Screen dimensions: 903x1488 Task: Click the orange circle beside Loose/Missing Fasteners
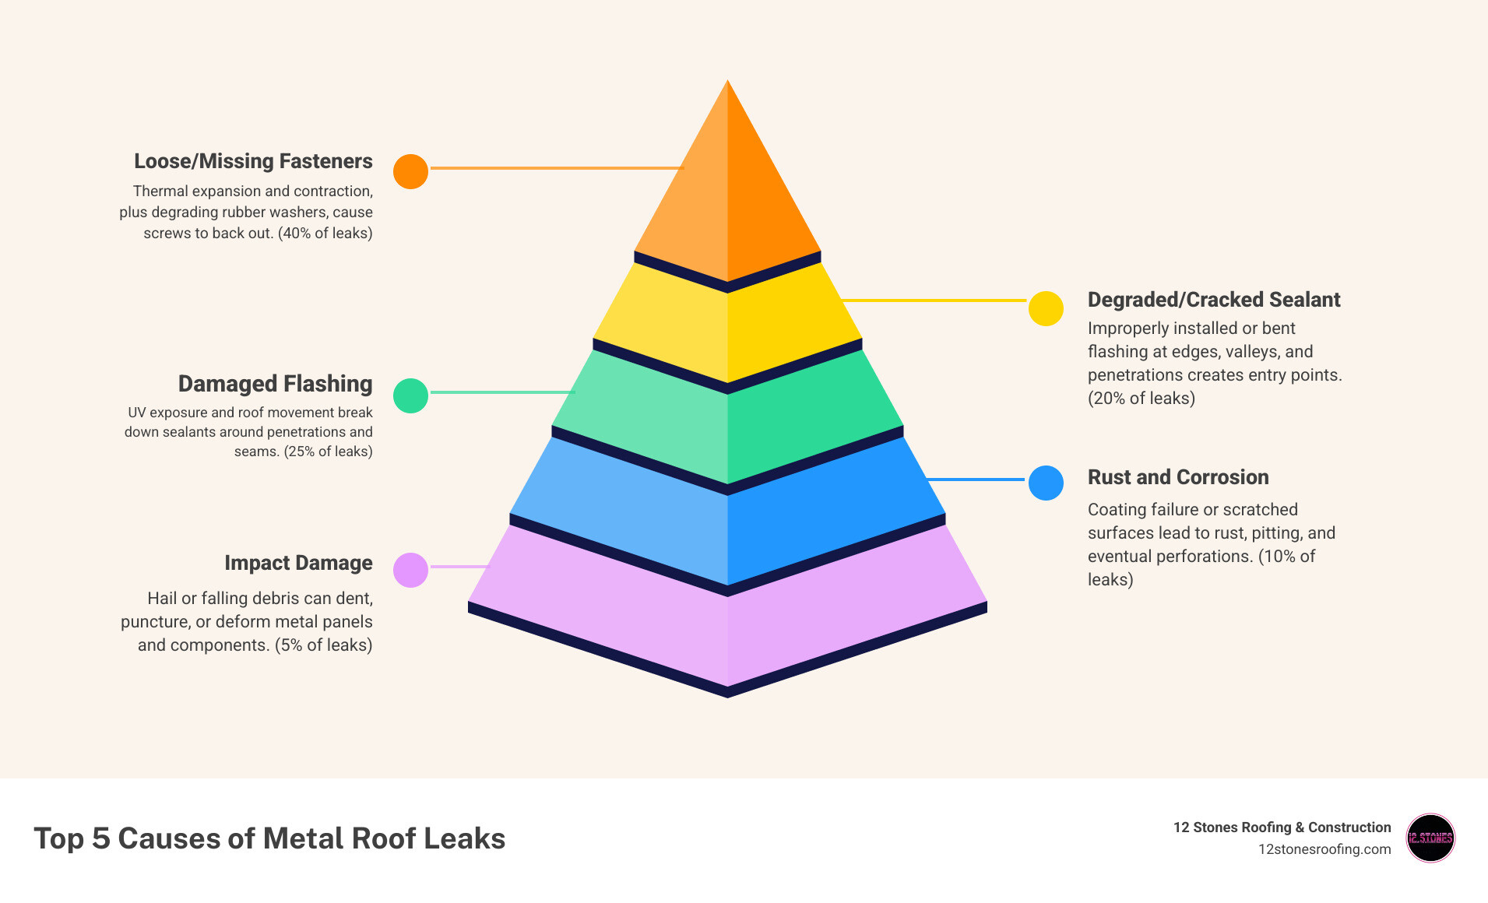click(410, 171)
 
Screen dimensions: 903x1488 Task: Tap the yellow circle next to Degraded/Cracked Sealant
click(1046, 308)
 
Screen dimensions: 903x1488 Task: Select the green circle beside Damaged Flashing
click(410, 395)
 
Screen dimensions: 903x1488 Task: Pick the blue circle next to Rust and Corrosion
click(1046, 483)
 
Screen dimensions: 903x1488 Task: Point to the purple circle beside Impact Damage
click(410, 570)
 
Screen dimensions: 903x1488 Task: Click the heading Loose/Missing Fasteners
click(253, 161)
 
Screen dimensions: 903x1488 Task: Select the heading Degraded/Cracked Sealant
click(1213, 300)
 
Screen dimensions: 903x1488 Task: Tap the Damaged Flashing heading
click(275, 384)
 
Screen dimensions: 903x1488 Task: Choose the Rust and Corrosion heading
click(1177, 477)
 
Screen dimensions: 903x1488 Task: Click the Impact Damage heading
click(298, 563)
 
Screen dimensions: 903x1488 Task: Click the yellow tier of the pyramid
click(727, 327)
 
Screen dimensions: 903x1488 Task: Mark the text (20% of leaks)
click(1141, 399)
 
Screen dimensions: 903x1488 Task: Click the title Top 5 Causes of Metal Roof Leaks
click(269, 838)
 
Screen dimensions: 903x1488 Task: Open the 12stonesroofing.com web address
click(1324, 849)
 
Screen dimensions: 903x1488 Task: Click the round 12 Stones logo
click(1430, 838)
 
